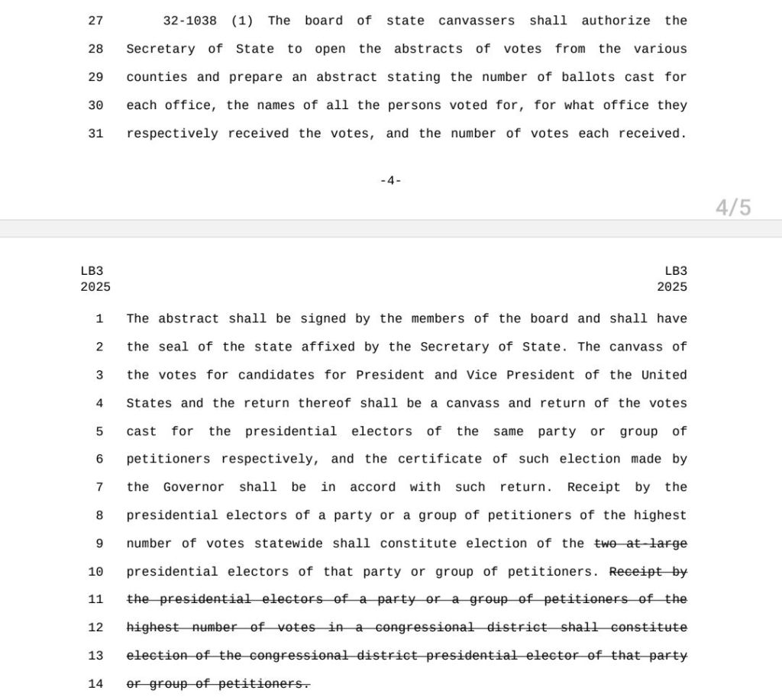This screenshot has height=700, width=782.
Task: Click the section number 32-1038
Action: pos(190,21)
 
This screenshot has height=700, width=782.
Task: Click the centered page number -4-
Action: pos(390,181)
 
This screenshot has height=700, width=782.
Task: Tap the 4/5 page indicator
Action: pos(733,207)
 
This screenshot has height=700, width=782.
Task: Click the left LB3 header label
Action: pos(92,271)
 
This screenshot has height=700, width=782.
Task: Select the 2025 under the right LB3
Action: pos(671,287)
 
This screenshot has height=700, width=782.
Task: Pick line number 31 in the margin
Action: pos(95,134)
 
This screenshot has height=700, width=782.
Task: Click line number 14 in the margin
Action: pos(95,684)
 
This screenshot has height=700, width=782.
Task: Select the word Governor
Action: pos(194,487)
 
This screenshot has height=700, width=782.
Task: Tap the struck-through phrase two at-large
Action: pos(641,544)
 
